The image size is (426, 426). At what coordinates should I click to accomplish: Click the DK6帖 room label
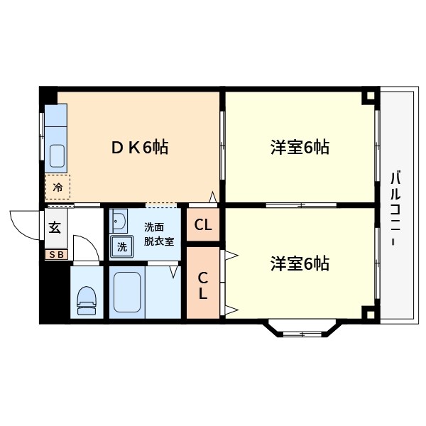139,148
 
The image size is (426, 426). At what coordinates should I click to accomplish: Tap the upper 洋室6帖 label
299,148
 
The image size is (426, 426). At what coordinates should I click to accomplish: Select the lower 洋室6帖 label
299,263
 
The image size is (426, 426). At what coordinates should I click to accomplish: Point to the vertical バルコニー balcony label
396,208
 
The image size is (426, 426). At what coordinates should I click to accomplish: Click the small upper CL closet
203,226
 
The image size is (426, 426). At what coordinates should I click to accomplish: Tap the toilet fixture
87,299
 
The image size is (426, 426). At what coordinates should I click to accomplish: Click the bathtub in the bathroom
129,293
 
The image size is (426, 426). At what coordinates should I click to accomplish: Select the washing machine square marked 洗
121,247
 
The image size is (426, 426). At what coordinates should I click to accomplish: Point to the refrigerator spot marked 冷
58,188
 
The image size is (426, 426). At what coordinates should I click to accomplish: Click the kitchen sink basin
57,153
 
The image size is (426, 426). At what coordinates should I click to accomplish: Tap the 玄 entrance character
55,229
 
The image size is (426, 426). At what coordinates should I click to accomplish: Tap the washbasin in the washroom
119,222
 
